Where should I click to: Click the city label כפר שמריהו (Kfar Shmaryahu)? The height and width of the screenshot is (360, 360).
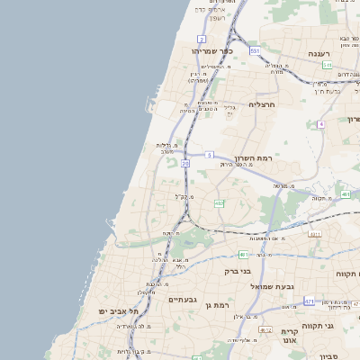pos(212,51)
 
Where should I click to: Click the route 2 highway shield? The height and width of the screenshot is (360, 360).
pos(202,40)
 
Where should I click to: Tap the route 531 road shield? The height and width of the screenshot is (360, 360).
pos(256,51)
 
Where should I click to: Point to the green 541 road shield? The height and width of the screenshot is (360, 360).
pos(328,65)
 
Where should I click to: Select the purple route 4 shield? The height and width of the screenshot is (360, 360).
pos(320,123)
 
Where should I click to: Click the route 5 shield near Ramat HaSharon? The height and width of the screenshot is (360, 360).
pos(208,155)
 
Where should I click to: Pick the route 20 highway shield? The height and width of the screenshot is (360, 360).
pos(185,164)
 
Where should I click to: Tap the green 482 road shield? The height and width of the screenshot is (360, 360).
pos(219,203)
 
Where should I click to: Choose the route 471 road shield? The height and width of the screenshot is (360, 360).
pos(309,301)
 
